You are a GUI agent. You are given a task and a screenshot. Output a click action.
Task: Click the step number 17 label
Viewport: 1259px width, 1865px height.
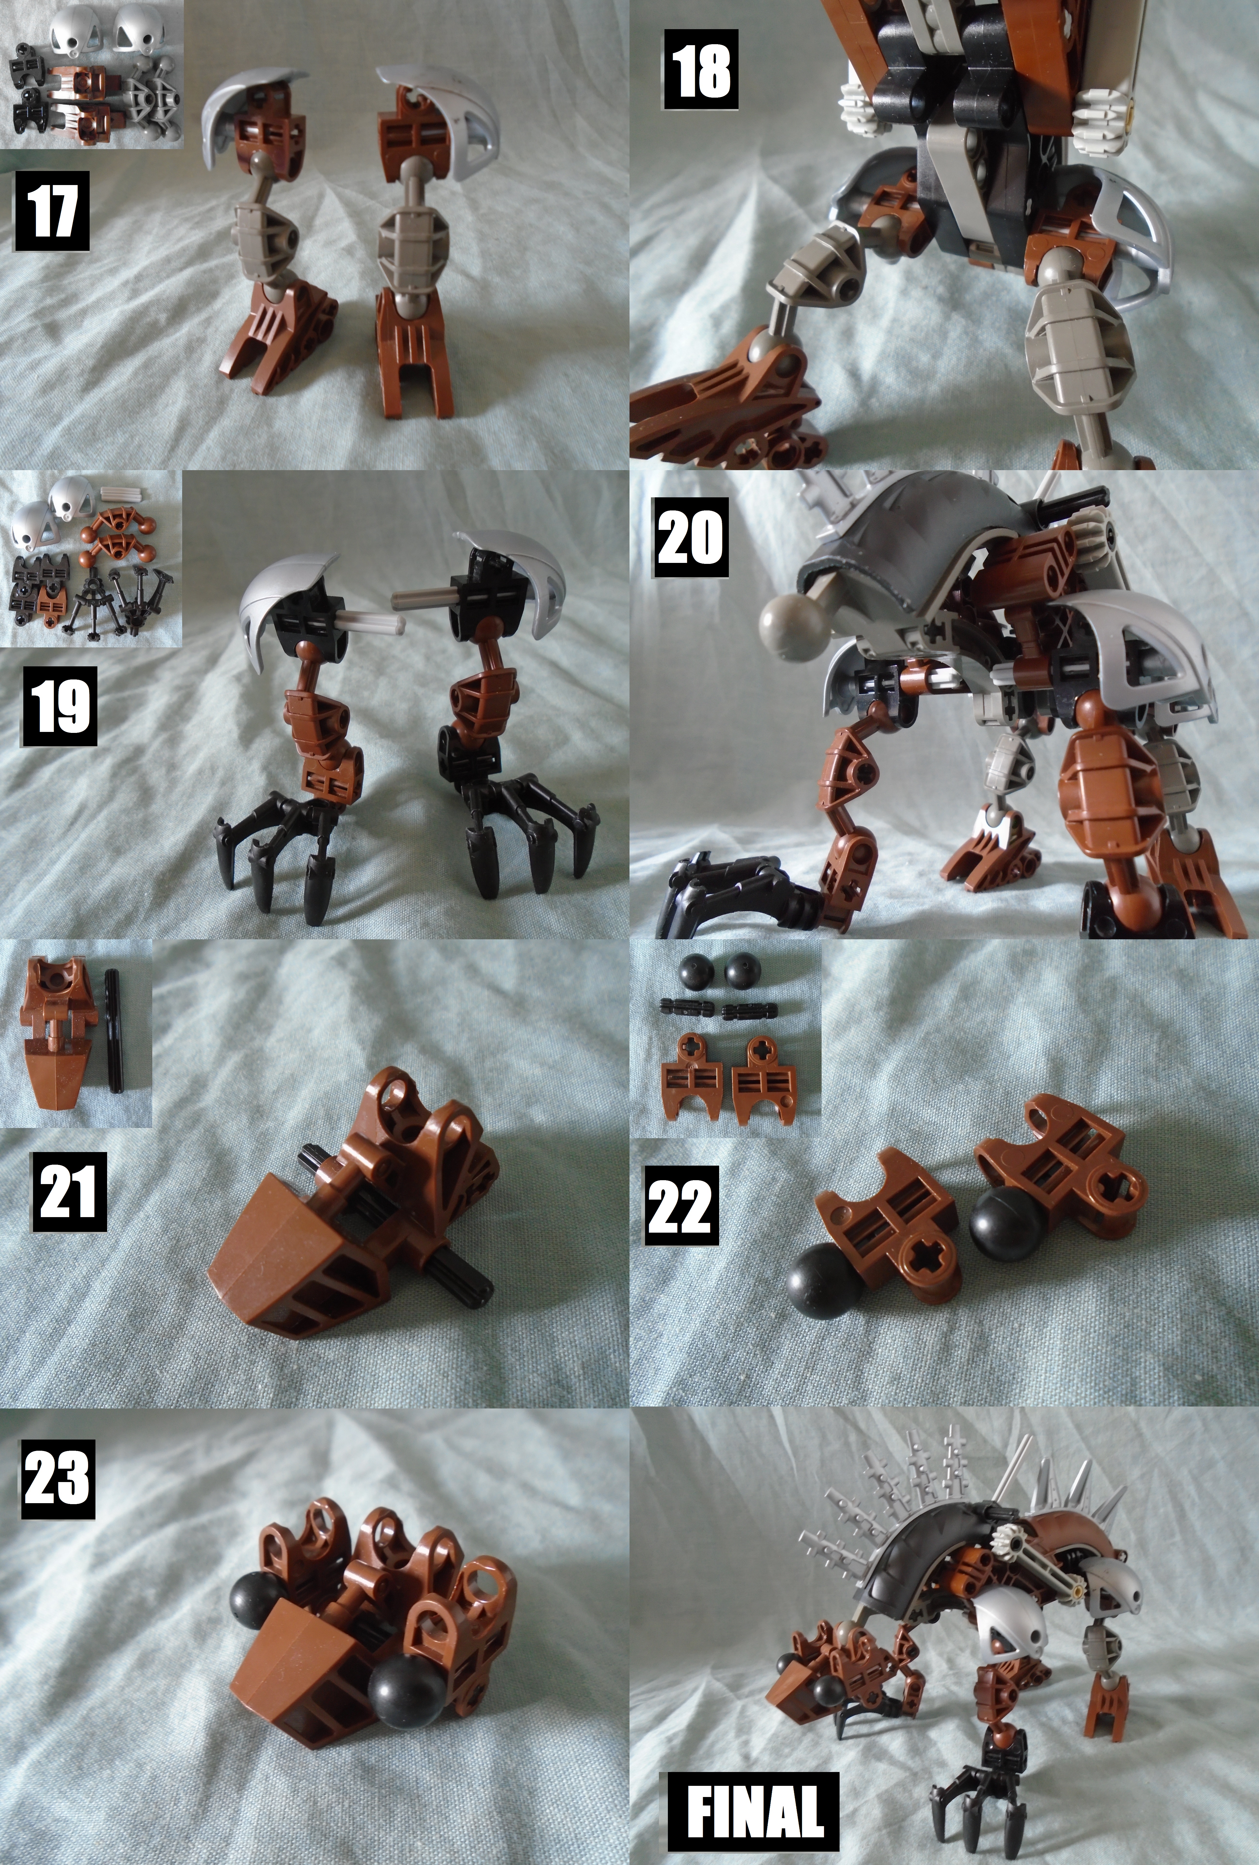pyautogui.click(x=51, y=210)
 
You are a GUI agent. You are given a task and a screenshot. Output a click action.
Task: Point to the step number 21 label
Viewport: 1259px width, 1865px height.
pyautogui.click(x=69, y=1192)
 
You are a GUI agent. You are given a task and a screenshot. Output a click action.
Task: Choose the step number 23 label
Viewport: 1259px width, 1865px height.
pyautogui.click(x=57, y=1479)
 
